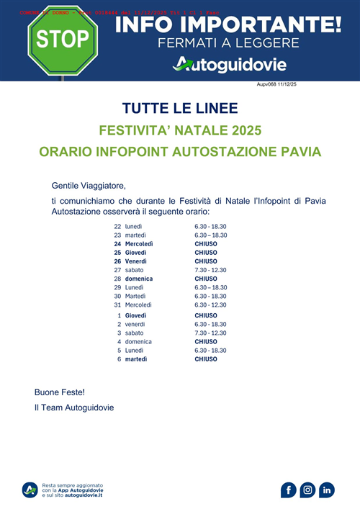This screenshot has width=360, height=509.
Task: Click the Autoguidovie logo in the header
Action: click(230, 65)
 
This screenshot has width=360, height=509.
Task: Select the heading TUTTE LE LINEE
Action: click(179, 109)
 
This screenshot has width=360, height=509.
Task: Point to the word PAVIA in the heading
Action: click(296, 153)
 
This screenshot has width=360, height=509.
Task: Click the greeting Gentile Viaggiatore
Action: click(89, 185)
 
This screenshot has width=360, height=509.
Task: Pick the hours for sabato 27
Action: click(211, 270)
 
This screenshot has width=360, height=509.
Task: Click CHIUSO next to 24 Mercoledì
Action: click(206, 244)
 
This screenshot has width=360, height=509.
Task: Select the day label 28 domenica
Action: click(133, 279)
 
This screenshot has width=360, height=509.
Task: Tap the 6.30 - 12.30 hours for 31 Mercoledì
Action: click(211, 305)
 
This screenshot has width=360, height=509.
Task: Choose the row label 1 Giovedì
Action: click(131, 315)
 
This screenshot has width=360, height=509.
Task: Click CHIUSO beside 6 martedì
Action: click(206, 359)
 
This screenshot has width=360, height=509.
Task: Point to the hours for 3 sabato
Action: click(211, 333)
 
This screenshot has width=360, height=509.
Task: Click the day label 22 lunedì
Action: click(128, 227)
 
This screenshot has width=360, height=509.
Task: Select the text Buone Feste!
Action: click(60, 392)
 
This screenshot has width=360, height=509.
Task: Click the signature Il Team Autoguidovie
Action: click(74, 407)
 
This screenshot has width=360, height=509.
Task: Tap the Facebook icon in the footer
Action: click(289, 490)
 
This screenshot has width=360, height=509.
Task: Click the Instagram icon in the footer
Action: click(307, 490)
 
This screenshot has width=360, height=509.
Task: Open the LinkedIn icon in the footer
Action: click(327, 490)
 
